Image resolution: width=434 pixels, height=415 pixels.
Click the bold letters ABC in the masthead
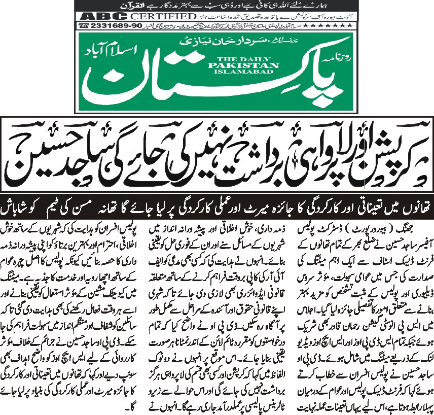(x=91, y=16)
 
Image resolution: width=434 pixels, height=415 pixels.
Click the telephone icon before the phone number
(x=83, y=25)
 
